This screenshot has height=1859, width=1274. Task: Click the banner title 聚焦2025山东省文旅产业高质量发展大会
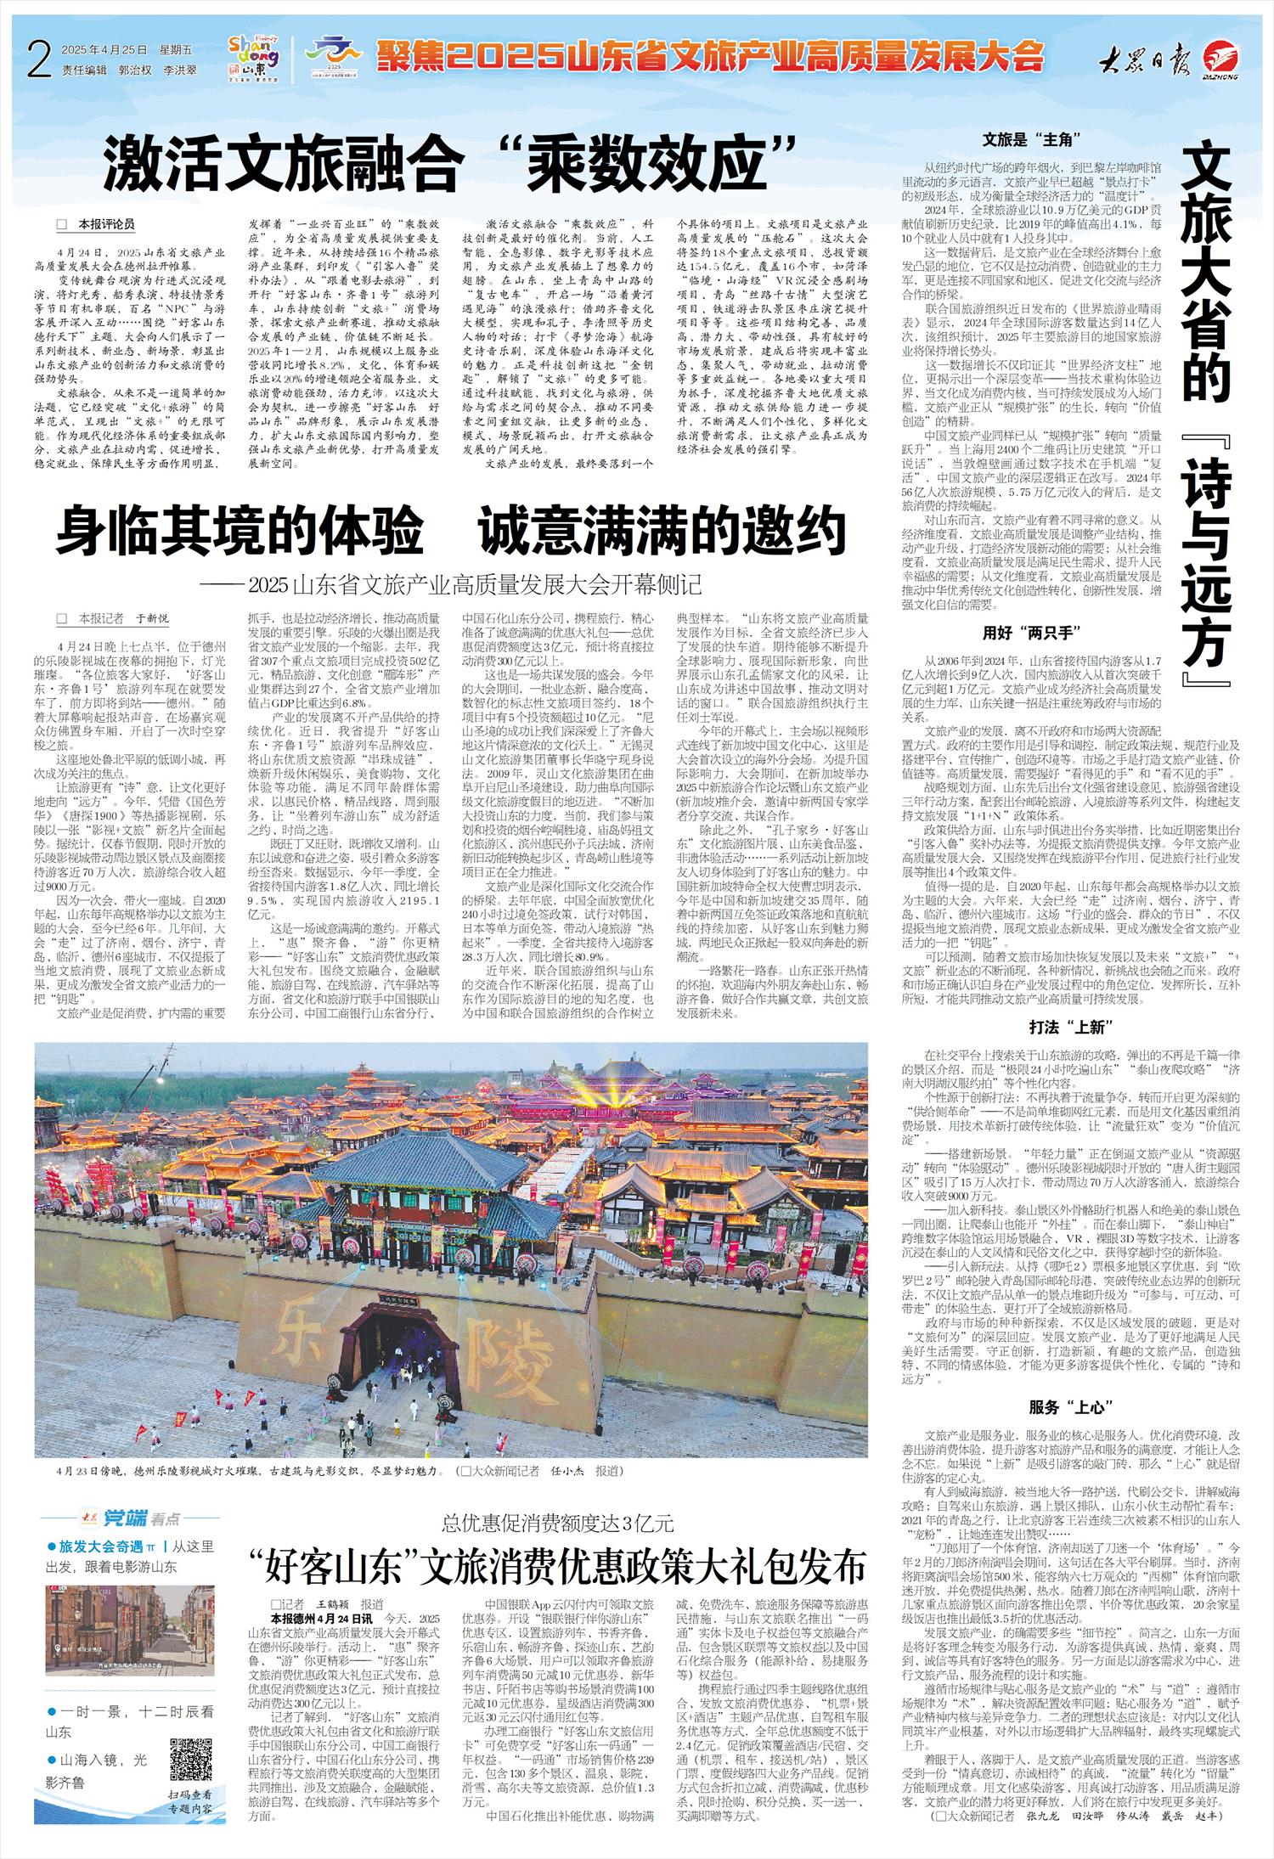tap(709, 56)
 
